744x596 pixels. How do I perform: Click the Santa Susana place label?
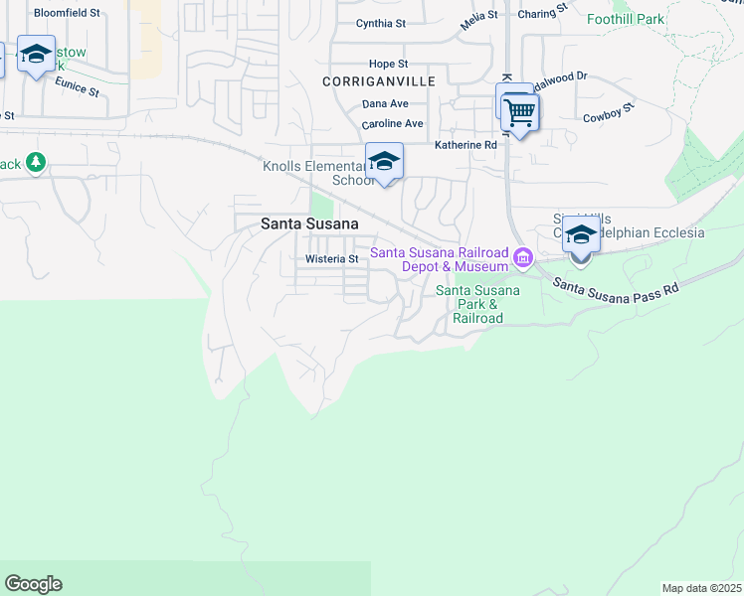click(x=309, y=224)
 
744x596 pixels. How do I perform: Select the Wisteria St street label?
click(x=332, y=259)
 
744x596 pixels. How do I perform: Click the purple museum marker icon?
click(x=523, y=260)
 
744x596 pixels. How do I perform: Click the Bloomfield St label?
click(x=68, y=13)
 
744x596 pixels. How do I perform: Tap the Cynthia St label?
click(x=382, y=23)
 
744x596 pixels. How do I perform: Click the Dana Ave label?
click(x=385, y=103)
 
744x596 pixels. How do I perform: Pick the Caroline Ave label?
click(x=392, y=123)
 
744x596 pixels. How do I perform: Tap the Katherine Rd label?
click(x=465, y=145)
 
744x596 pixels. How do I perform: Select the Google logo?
click(x=33, y=584)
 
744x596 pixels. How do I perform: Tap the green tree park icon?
click(x=36, y=161)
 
